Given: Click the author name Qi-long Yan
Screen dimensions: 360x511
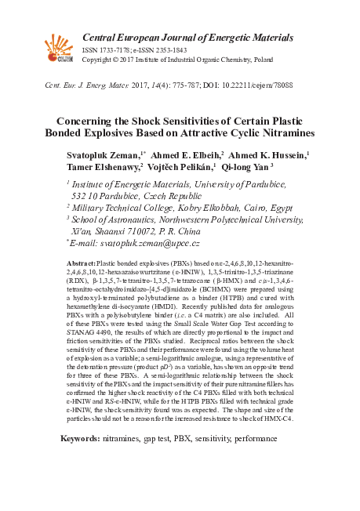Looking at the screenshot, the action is [245, 167].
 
